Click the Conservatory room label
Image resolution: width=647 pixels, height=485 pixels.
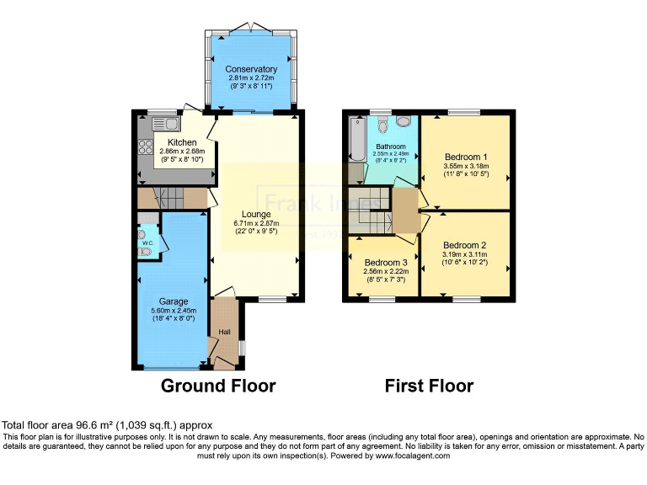[251, 69]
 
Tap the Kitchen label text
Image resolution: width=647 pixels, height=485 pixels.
[182, 142]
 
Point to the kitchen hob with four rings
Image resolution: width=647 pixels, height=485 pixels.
[143, 148]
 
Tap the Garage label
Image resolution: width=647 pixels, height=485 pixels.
[174, 301]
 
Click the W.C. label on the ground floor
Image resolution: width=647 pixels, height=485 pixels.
[147, 244]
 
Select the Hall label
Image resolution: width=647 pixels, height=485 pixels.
[225, 332]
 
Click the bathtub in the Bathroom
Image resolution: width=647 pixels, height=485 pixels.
[356, 140]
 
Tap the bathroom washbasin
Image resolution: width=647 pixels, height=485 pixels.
[404, 123]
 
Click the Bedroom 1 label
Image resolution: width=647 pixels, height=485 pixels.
[465, 157]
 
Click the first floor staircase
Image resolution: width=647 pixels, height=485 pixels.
[371, 214]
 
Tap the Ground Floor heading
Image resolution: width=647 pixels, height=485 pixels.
[218, 386]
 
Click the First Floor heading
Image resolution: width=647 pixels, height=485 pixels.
[429, 386]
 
